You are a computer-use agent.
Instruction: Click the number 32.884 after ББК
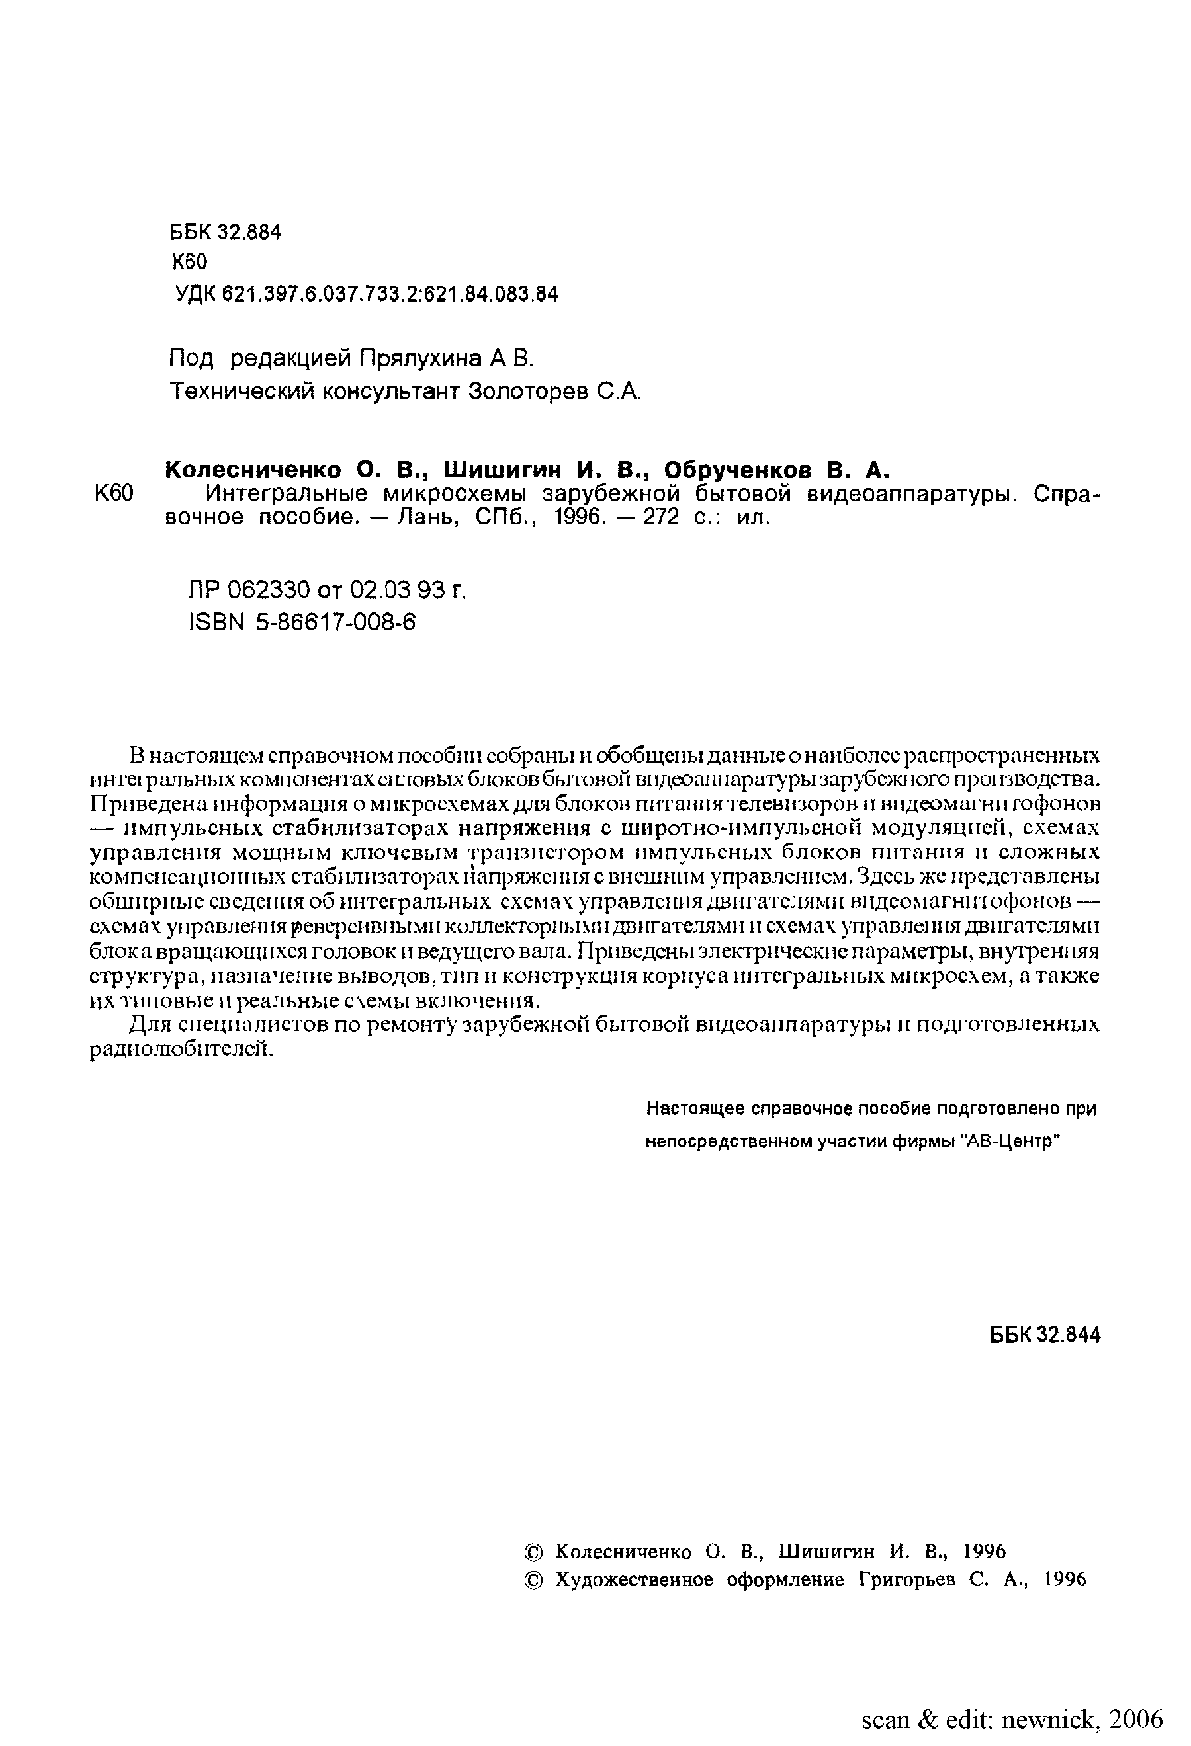tap(249, 232)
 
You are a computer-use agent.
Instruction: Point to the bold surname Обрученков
tap(738, 470)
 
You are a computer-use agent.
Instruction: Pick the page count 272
tap(660, 518)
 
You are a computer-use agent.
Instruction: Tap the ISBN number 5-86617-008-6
tap(335, 622)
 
